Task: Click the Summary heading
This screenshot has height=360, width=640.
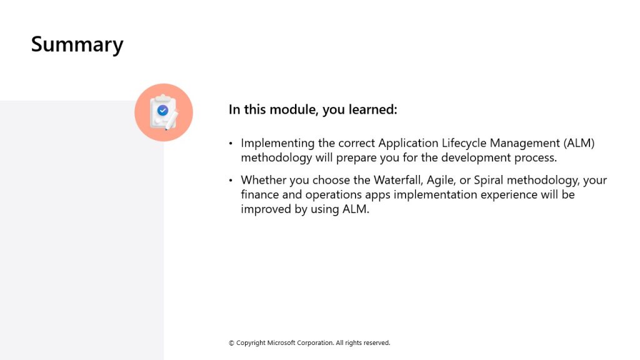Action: (77, 44)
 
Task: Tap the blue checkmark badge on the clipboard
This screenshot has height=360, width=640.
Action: (163, 110)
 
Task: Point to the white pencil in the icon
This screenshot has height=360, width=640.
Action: (172, 121)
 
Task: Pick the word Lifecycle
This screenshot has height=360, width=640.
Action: (464, 143)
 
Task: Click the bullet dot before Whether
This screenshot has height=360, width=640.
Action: (231, 180)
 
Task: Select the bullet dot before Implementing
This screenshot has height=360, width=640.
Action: (231, 143)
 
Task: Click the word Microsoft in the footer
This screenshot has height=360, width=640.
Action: (281, 343)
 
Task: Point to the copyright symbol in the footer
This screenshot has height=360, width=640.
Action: (231, 343)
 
